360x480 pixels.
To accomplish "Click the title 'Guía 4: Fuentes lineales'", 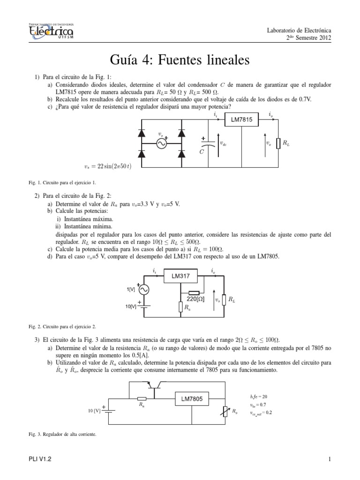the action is point(180,60).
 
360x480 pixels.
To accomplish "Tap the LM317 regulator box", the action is point(180,277).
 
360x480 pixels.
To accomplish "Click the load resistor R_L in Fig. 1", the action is point(278,143).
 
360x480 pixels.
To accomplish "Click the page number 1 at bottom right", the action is point(330,460).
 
